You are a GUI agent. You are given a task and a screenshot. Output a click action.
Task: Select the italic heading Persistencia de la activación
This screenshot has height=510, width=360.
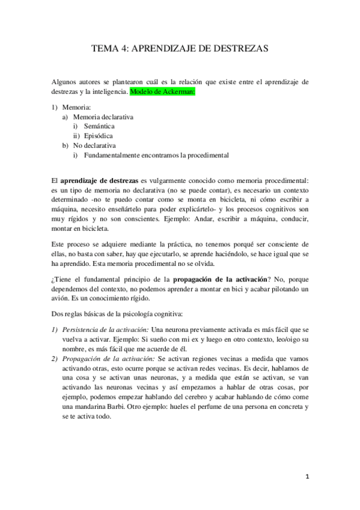(x=105, y=330)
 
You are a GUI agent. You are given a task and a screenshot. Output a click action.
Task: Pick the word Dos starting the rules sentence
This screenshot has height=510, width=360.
(x=57, y=314)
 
